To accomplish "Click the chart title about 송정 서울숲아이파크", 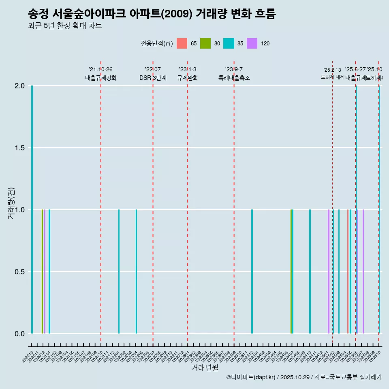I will pyautogui.click(x=152, y=14).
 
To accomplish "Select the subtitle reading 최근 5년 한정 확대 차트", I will pyautogui.click(x=65, y=26).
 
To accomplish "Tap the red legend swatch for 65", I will pyautogui.click(x=182, y=43).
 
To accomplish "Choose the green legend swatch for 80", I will pyautogui.click(x=205, y=43).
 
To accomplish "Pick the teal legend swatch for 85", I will pyautogui.click(x=229, y=43).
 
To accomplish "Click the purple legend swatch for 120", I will pyautogui.click(x=252, y=43).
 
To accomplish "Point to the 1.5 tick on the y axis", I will pyautogui.click(x=19, y=148).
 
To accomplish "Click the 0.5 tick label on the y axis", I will pyautogui.click(x=19, y=272).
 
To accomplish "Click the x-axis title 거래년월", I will pyautogui.click(x=205, y=368).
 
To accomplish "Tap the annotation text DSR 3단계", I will pyautogui.click(x=153, y=78).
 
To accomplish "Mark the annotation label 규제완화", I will pyautogui.click(x=188, y=78).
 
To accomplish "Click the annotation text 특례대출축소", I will pyautogui.click(x=234, y=78).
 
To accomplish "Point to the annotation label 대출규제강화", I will pyautogui.click(x=101, y=78).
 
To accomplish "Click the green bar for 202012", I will pyautogui.click(x=42, y=271).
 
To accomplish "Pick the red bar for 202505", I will pyautogui.click(x=348, y=271).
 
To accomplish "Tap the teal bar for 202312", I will pyautogui.click(x=252, y=271).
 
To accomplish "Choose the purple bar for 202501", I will pyautogui.click(x=329, y=271).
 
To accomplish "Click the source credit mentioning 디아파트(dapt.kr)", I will pyautogui.click(x=304, y=377).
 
